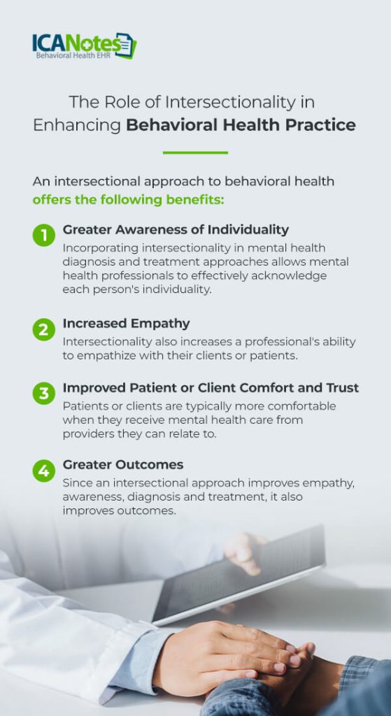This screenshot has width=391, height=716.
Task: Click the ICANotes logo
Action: [x=83, y=45]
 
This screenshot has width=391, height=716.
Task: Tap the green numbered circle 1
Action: [x=44, y=236]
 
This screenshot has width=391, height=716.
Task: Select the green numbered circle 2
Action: [x=44, y=329]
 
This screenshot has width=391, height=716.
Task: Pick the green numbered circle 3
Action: [x=44, y=394]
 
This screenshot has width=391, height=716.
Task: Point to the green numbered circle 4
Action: [x=44, y=471]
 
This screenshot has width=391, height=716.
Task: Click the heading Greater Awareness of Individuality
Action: [x=176, y=229]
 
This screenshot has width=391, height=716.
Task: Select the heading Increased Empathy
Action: [x=126, y=323]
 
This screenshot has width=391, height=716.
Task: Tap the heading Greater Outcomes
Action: [x=123, y=464]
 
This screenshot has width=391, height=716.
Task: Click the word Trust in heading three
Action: [x=341, y=387]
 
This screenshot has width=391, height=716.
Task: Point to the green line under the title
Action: [x=195, y=152]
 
